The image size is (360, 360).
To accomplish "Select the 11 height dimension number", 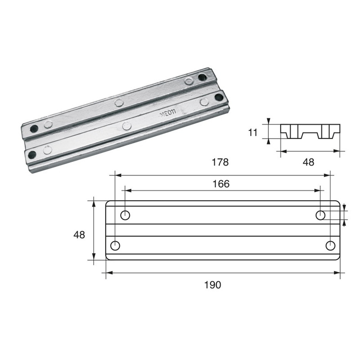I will click(253, 132).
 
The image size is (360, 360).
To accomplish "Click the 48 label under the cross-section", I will click(308, 162).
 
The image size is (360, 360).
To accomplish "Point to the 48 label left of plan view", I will click(79, 235).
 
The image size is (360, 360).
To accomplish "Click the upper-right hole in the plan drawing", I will click(320, 215).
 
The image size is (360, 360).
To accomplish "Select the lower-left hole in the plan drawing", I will click(115, 246).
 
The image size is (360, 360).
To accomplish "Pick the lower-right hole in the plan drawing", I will click(330, 246).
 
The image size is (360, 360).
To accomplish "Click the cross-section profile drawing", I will click(310, 131).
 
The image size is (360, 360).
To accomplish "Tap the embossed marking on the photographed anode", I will click(166, 114).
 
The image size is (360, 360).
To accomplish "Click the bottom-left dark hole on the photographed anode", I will click(32, 154).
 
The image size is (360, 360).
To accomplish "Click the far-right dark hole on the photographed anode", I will click(219, 97).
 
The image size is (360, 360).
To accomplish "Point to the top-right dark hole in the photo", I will click(202, 77).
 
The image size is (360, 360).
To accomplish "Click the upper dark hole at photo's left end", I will click(34, 128).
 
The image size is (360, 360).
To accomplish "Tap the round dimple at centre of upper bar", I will click(119, 103).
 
